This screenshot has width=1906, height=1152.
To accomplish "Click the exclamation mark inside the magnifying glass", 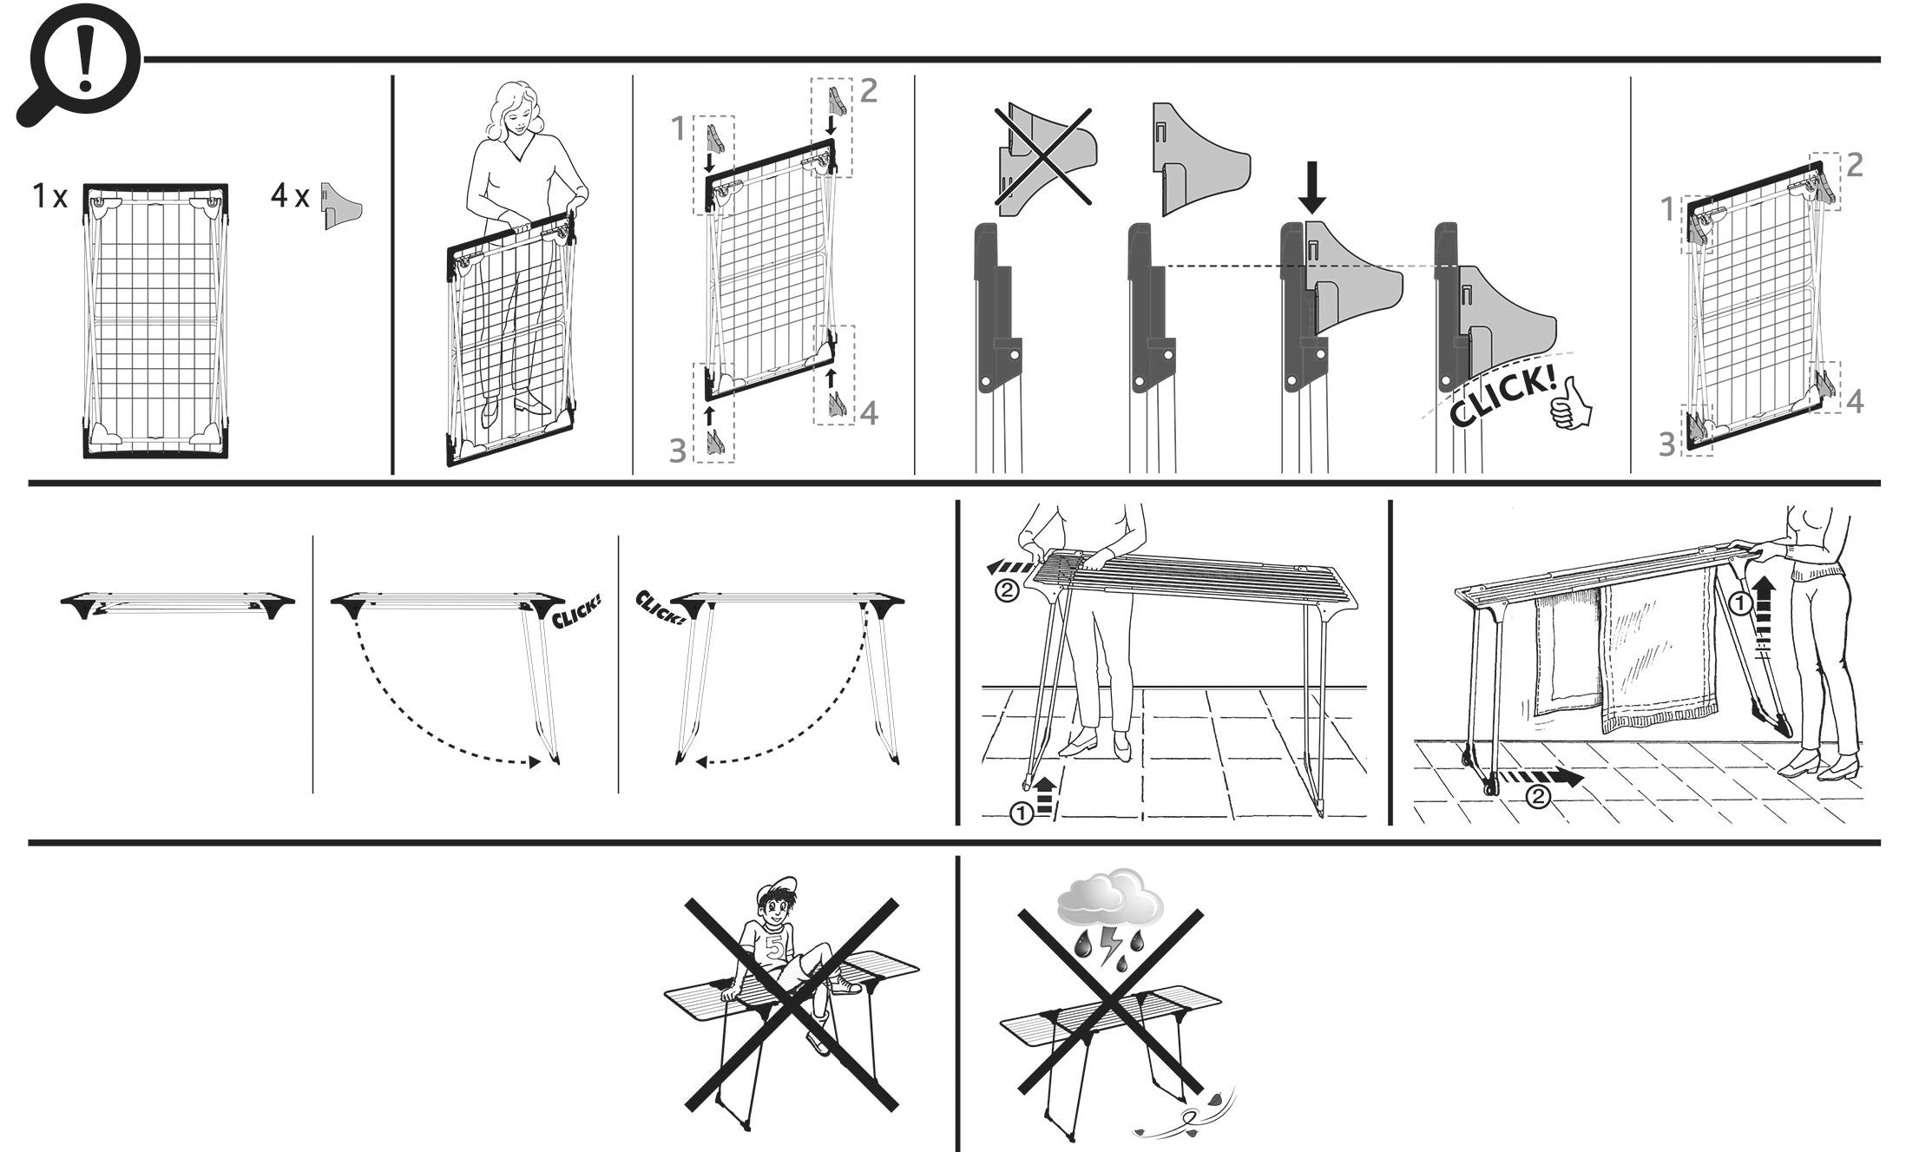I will click(x=84, y=60).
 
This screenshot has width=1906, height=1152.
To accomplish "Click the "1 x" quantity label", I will click(x=49, y=197).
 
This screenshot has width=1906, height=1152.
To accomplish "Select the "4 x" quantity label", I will click(x=289, y=197).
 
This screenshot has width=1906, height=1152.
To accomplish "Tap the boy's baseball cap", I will click(x=776, y=892).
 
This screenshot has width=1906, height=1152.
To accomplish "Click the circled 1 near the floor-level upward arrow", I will click(x=1022, y=813).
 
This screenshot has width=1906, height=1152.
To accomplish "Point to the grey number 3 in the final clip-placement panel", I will click(x=1666, y=444).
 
